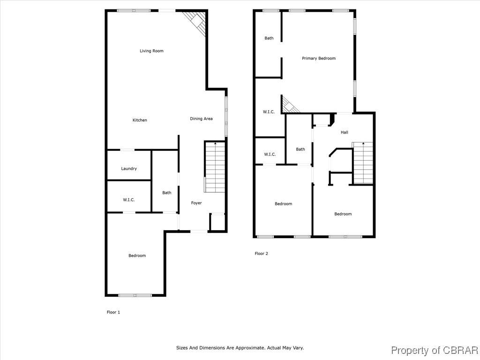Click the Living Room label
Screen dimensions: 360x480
click(151, 51)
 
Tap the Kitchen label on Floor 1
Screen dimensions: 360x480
click(140, 120)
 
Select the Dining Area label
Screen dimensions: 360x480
click(201, 119)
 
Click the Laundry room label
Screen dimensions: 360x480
click(129, 168)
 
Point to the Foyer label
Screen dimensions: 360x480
click(196, 203)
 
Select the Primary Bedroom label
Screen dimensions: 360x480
click(319, 58)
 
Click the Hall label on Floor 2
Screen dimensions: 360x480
click(345, 132)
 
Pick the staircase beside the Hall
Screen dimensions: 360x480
click(363, 163)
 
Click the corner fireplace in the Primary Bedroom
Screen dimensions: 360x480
click(289, 105)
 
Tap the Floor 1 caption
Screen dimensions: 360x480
click(113, 312)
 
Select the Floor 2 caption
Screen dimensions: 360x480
click(261, 254)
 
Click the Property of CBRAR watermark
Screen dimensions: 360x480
click(434, 350)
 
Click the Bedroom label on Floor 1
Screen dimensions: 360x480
click(137, 255)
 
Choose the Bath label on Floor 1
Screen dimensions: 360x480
click(167, 193)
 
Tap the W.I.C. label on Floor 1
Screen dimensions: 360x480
click(129, 200)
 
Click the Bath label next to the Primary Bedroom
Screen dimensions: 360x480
click(269, 38)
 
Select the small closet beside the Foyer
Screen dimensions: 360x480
click(217, 222)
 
